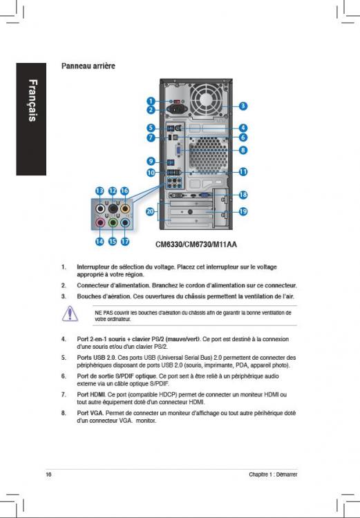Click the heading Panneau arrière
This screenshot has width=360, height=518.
[x=88, y=66]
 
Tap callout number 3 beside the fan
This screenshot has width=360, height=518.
[x=243, y=106]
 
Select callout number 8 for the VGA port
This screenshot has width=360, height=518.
[x=243, y=150]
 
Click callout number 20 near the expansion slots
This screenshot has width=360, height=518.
[x=151, y=211]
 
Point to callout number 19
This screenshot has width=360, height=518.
[x=243, y=211]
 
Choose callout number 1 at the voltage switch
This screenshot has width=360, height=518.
[x=151, y=101]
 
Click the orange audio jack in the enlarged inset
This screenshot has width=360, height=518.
[x=124, y=209]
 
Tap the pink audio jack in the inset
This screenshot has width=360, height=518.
[x=100, y=222]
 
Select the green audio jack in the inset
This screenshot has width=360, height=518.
[x=113, y=222]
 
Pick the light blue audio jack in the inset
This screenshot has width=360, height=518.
[x=125, y=222]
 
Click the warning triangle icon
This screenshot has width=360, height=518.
[x=70, y=314]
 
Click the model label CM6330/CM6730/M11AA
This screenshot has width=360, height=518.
[x=196, y=244]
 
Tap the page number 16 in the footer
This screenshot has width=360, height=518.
[x=48, y=474]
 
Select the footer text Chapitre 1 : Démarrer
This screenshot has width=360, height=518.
[x=273, y=474]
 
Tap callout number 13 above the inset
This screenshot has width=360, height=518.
[x=100, y=191]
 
